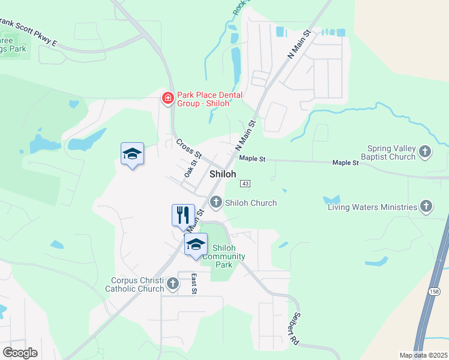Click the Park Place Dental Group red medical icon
click(168, 98)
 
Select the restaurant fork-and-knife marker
click(184, 215)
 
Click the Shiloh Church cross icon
click(216, 202)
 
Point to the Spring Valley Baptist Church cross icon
click(425, 152)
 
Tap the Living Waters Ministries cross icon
click(426, 207)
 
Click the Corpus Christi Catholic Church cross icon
click(173, 284)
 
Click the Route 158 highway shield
click(434, 291)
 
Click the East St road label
click(194, 284)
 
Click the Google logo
click(20, 353)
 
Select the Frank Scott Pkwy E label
click(27, 32)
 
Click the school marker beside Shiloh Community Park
click(196, 244)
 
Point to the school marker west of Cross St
click(132, 154)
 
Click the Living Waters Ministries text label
click(372, 208)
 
